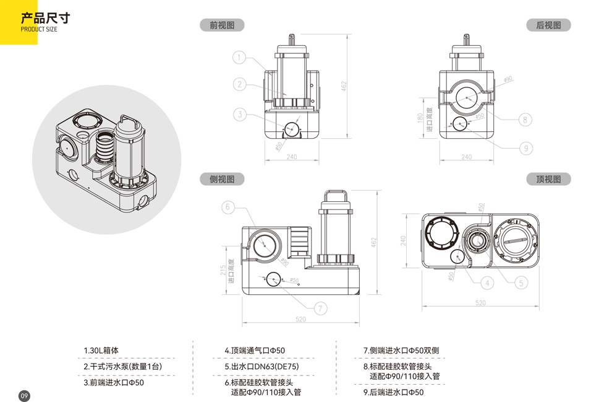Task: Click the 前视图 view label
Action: (x=222, y=25)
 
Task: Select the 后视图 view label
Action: (x=548, y=25)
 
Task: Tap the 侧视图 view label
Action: (x=222, y=180)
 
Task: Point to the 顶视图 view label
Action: (x=548, y=180)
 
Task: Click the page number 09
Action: (x=25, y=396)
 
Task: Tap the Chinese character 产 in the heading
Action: (x=27, y=18)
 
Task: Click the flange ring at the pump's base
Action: (x=130, y=180)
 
